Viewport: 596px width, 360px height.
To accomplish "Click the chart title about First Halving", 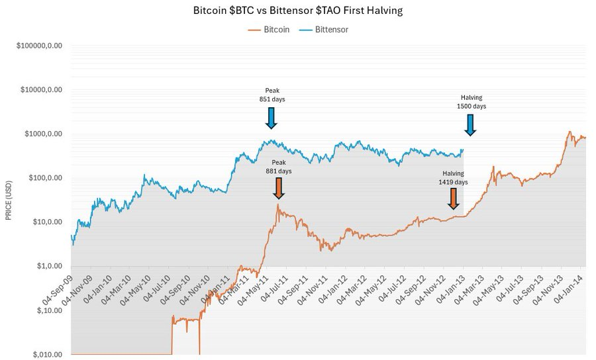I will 297,11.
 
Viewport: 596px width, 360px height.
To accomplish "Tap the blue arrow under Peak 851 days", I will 271,117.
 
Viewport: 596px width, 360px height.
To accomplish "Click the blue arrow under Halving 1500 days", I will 470,124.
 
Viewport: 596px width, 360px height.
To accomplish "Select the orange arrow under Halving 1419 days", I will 454,198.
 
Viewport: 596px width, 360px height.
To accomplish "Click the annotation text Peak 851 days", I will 272,94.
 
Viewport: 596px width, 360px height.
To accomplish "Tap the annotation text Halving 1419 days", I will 454,177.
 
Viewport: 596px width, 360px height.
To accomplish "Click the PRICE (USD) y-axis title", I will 9,200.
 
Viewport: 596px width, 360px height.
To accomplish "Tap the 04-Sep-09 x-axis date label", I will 56,286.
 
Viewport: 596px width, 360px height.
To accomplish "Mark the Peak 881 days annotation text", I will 278,166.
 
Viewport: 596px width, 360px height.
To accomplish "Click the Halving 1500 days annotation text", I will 471,101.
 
